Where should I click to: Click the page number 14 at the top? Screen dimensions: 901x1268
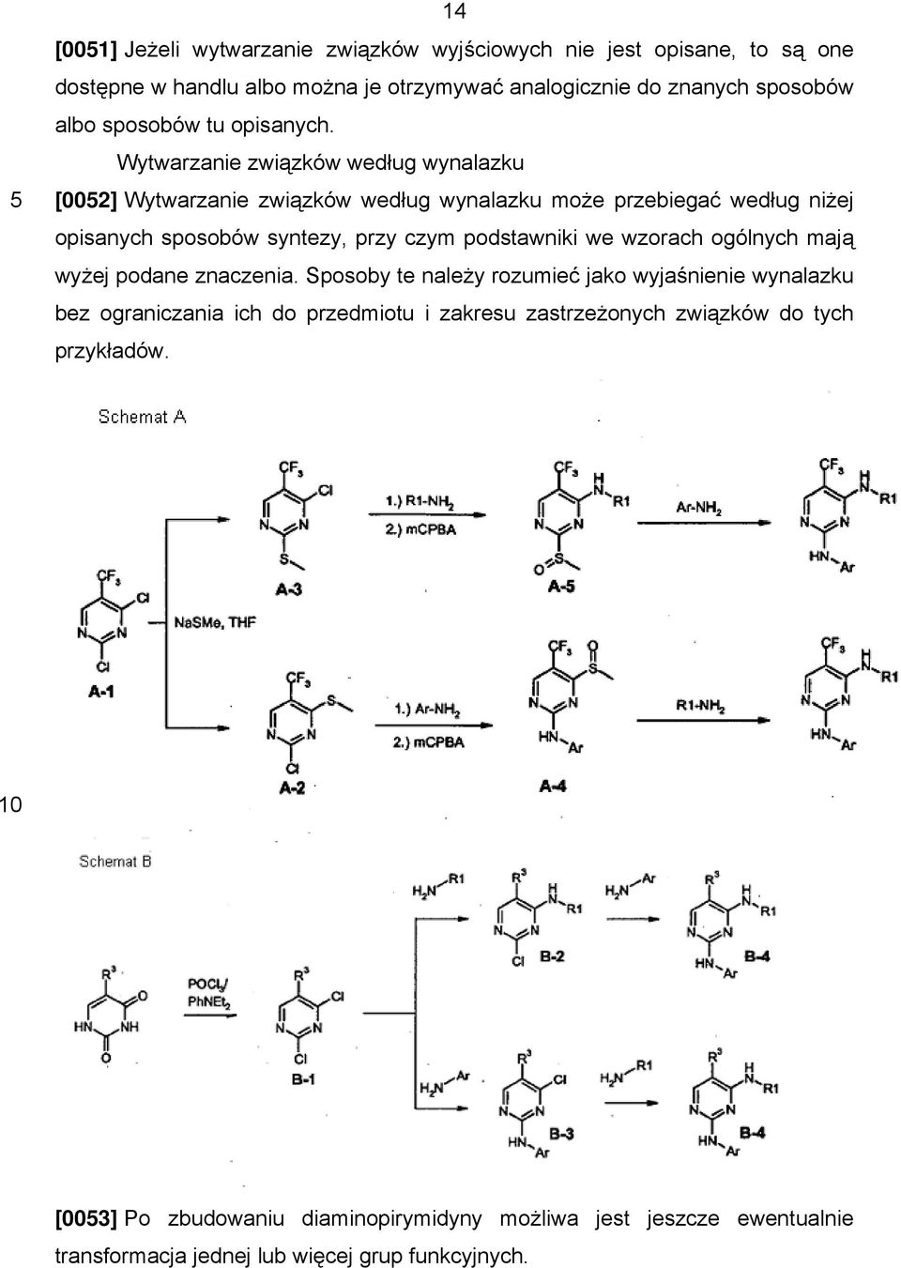coord(454,10)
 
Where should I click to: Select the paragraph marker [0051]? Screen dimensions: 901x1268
coord(85,50)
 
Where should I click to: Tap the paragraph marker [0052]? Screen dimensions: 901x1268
coord(85,201)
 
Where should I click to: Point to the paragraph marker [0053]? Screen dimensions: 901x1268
coord(85,1217)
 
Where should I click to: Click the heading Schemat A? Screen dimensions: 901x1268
coord(142,417)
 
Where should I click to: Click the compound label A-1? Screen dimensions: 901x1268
coord(101,691)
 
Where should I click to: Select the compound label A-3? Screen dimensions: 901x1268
coord(289,589)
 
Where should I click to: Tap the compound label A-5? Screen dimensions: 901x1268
coord(561,587)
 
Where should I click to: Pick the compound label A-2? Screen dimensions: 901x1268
coord(292,788)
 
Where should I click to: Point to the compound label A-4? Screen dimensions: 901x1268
coord(553,786)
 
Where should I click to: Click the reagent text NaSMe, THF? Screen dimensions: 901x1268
coord(215,623)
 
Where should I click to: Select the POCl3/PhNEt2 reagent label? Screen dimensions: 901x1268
coord(209,993)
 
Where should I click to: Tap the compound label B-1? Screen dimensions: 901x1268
coord(303,1079)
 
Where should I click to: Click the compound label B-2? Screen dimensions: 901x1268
coord(552,956)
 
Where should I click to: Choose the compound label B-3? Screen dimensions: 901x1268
coord(561,1134)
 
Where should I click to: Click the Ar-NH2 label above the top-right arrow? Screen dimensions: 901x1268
coord(698,508)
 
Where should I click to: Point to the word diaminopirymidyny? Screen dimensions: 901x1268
coord(391,1217)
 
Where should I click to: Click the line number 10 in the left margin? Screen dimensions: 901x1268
coord(10,804)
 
